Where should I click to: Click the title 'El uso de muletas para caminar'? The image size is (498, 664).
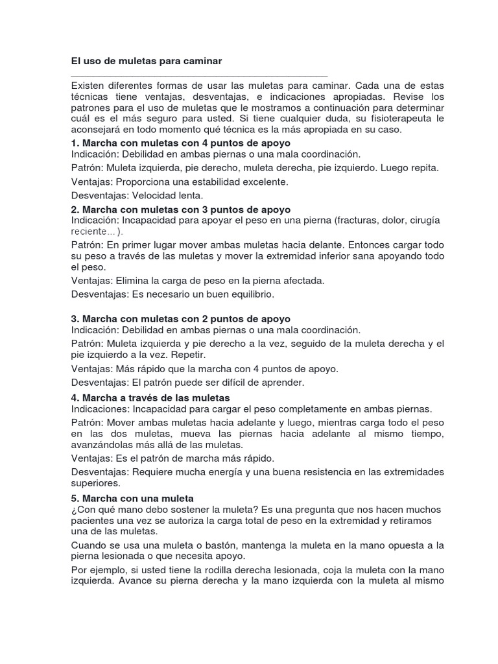pos(147,61)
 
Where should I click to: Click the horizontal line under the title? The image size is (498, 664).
pos(199,76)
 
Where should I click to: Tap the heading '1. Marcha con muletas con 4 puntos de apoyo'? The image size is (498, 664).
pos(181,143)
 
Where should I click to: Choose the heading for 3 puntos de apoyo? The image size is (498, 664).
pos(181,209)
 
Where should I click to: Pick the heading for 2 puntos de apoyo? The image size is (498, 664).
pos(181,319)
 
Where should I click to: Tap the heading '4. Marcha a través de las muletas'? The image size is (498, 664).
pos(150,397)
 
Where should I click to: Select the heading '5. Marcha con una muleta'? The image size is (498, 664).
pos(133,498)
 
